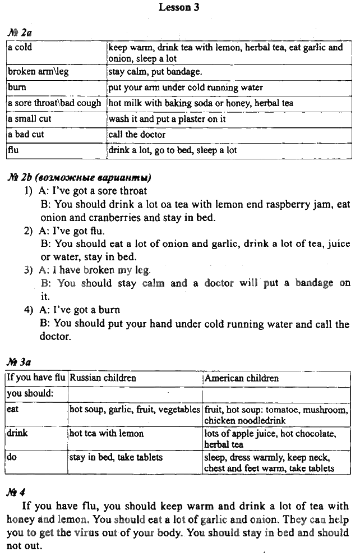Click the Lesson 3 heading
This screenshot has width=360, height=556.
(179, 7)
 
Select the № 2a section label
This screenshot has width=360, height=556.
(20, 33)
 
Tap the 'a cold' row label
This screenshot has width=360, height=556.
(20, 48)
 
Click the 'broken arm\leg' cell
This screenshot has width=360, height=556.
(35, 72)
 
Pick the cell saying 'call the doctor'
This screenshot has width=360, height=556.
(137, 135)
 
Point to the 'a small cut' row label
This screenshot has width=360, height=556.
(29, 119)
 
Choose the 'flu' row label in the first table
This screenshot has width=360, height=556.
(13, 150)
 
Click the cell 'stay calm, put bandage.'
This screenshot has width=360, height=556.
(154, 72)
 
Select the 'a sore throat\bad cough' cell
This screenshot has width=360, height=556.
(54, 103)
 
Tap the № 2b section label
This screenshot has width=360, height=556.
(79, 178)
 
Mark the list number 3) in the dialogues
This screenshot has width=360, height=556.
(29, 270)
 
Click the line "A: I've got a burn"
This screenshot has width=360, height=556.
(79, 310)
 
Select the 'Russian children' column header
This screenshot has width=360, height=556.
(103, 378)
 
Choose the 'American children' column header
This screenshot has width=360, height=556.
(242, 378)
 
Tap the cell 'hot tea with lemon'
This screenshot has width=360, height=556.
(107, 434)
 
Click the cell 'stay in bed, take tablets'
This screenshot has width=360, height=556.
(116, 457)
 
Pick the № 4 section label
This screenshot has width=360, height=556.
(16, 493)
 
